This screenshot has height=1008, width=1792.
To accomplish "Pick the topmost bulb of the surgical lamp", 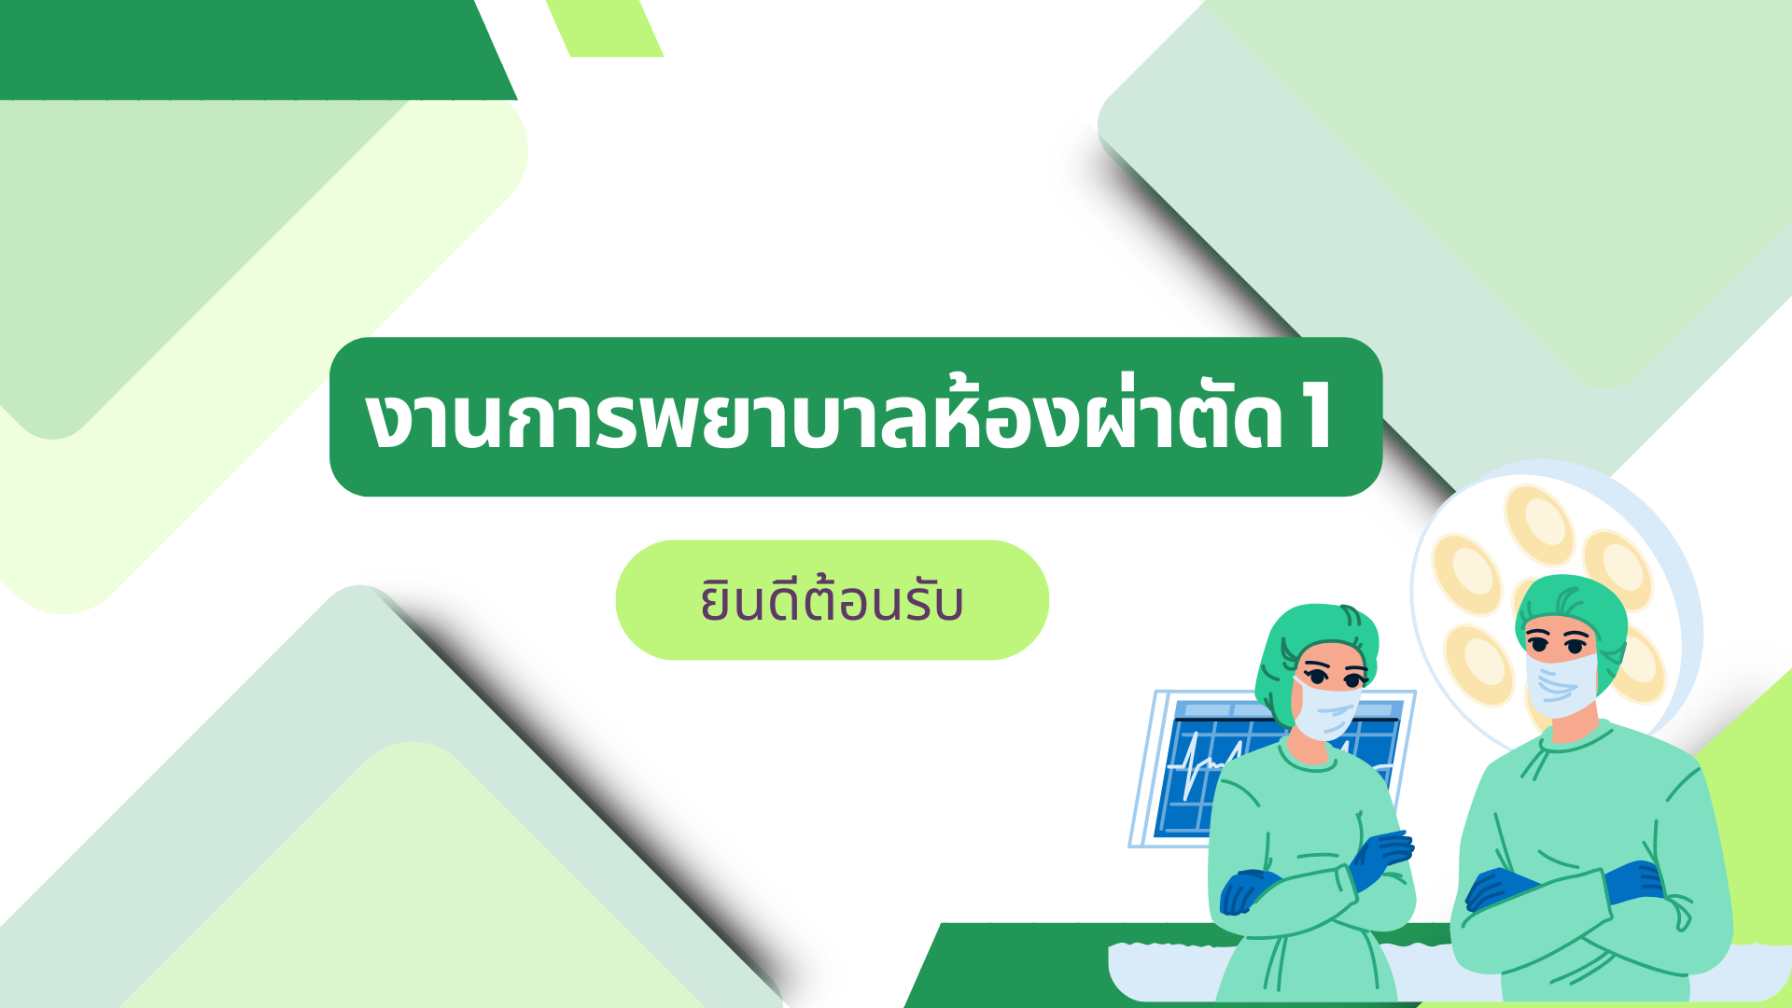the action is (x=1539, y=525).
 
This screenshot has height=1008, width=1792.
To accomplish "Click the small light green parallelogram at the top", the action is (x=605, y=28).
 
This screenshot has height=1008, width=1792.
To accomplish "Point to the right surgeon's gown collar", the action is (x=1577, y=742).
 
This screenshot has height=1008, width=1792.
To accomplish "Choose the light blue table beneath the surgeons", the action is (x=1447, y=971).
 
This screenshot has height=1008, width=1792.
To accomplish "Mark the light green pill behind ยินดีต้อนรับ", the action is (x=832, y=600).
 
